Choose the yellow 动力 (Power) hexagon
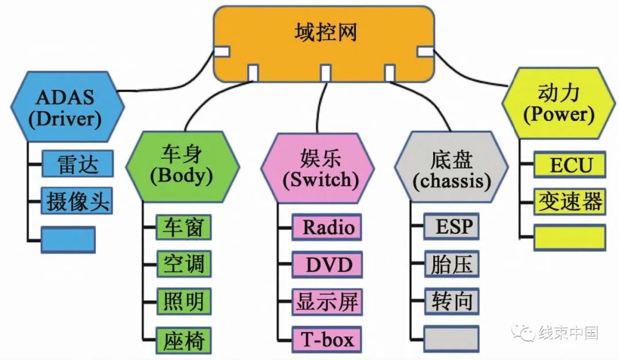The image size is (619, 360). [558, 103]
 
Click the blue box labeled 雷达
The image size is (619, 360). [77, 165]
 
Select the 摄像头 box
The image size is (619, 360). [77, 201]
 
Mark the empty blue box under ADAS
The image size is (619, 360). [68, 240]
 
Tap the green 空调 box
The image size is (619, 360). [184, 264]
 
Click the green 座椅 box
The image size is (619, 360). [184, 339]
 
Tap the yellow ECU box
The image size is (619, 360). [570, 165]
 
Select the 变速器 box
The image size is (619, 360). [570, 201]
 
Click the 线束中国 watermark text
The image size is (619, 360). [567, 332]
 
